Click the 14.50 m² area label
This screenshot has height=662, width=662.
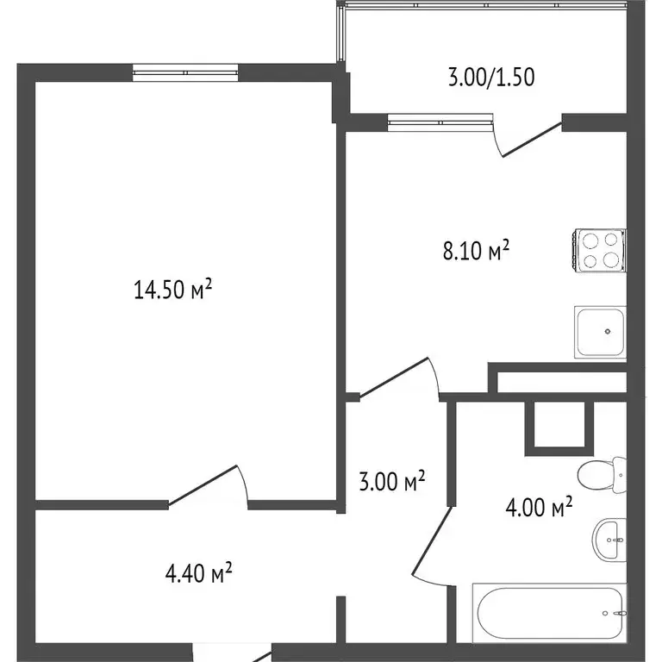click(172, 290)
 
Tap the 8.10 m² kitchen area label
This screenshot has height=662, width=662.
click(473, 251)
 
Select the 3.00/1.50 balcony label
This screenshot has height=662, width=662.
click(491, 78)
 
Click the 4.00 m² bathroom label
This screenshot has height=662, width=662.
click(539, 508)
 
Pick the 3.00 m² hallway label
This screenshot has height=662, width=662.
click(392, 482)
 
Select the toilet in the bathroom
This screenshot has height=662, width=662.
click(601, 473)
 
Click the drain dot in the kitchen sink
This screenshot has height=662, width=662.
click(608, 330)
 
